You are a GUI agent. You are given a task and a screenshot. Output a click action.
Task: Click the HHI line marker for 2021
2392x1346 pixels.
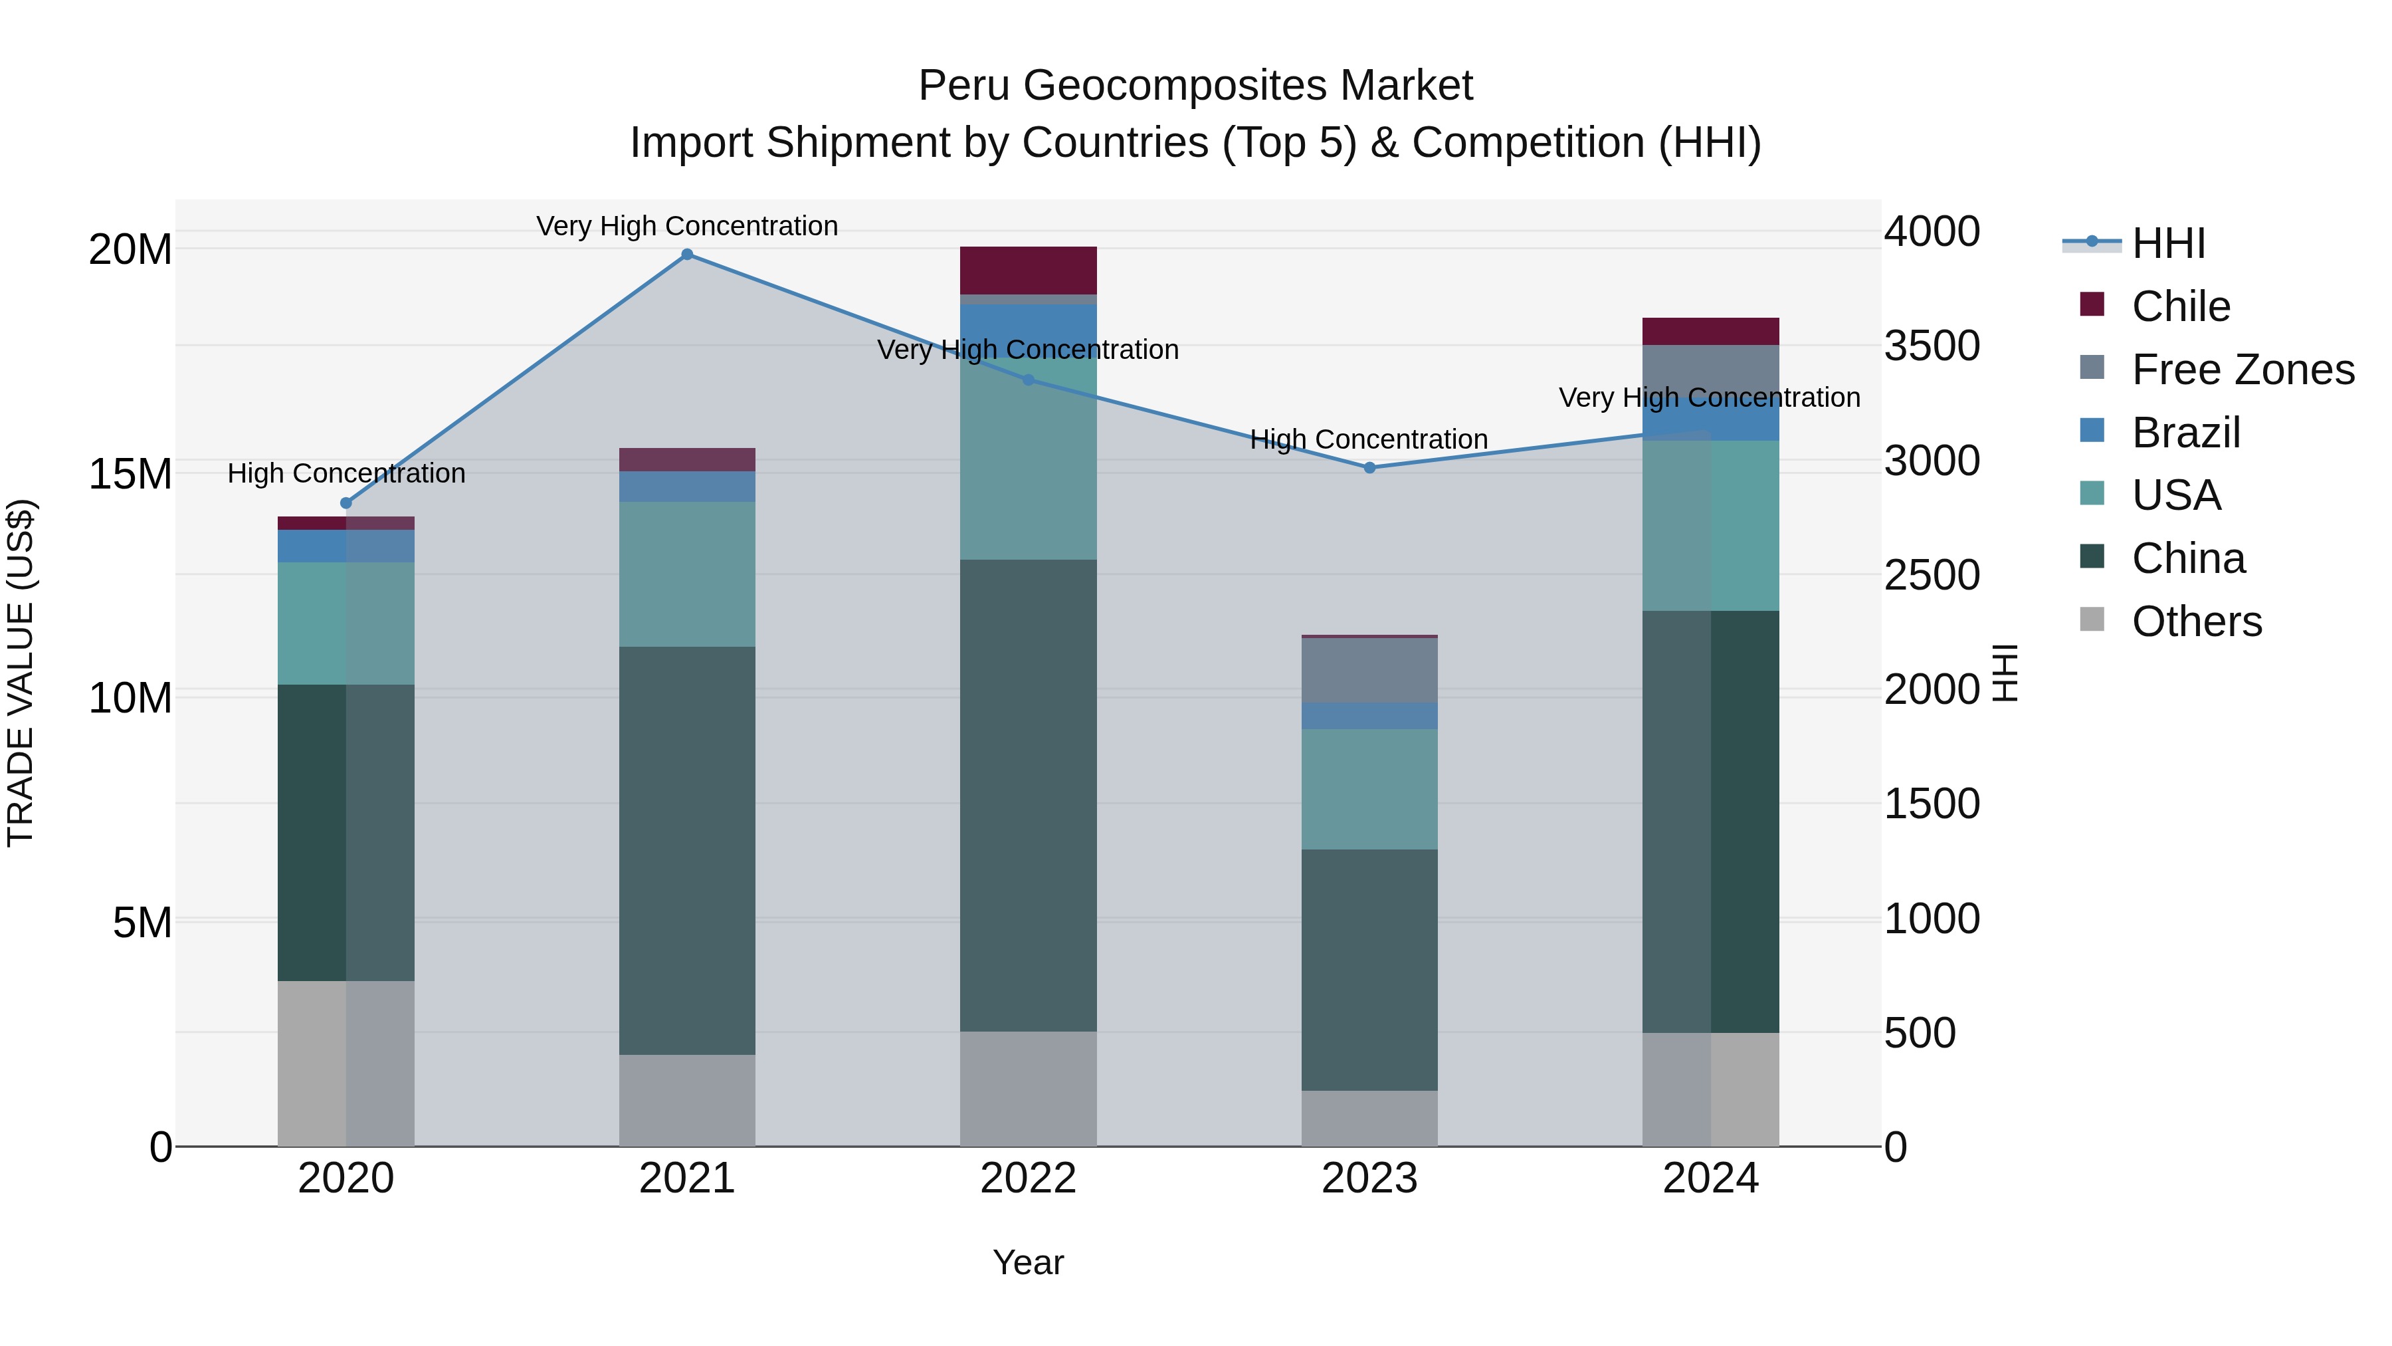point(687,255)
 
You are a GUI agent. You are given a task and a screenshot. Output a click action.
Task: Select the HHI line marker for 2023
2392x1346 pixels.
point(1369,468)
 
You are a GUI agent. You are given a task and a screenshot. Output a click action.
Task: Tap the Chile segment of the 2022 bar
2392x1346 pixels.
point(1028,271)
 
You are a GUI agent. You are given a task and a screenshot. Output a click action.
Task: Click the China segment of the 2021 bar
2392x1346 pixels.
point(687,850)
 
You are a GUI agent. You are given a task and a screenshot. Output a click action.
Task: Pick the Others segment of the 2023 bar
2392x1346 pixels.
point(1369,1119)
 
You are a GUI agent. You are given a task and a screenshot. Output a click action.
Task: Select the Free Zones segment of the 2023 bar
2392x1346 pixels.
point(1369,671)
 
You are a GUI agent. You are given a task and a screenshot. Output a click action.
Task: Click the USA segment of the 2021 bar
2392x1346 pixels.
point(687,574)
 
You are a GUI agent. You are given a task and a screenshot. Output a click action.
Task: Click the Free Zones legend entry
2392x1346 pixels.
point(2242,370)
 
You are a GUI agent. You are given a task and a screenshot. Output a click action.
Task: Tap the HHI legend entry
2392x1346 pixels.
point(2167,243)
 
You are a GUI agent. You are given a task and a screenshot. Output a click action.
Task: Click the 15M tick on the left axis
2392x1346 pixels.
point(130,475)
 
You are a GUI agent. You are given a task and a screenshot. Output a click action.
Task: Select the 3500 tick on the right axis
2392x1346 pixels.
point(1932,346)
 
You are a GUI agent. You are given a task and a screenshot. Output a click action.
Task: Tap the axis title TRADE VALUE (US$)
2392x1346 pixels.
point(21,673)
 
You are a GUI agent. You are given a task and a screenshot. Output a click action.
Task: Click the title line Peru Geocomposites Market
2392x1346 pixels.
point(1195,86)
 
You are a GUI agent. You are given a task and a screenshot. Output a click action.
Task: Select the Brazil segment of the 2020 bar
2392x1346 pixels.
point(346,546)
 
